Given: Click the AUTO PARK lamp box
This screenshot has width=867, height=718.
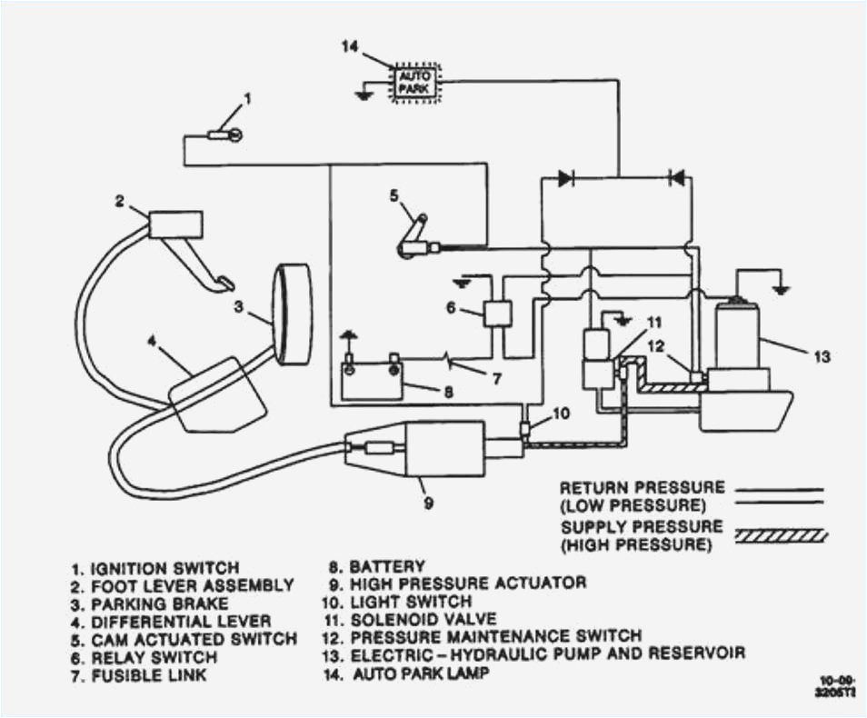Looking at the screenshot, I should pos(415,83).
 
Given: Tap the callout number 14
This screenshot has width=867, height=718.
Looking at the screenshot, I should pos(351,46).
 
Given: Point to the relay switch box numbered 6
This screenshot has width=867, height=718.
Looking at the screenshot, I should pos(499,313).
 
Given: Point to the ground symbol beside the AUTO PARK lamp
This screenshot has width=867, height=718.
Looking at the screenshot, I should pos(365,94).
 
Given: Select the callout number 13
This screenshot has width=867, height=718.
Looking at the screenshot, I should pos(821,357).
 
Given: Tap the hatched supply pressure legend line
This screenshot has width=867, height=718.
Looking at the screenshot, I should pos(779,535).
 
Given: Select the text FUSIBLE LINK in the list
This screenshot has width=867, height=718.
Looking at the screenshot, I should pos(149,675).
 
